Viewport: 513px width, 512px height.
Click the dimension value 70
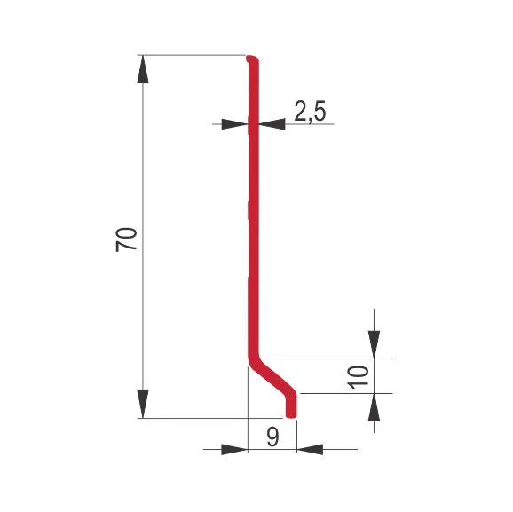(126, 240)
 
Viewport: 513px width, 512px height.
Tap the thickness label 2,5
(310, 111)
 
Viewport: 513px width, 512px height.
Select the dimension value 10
(359, 377)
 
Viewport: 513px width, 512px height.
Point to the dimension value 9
(272, 437)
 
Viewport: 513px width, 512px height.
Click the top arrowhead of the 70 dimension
(143, 69)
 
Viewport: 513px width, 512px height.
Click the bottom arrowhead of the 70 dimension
(143, 404)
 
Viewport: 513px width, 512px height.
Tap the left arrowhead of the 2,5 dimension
(235, 124)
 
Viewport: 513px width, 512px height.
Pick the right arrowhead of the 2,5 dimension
(272, 124)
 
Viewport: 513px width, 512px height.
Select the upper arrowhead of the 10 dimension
(374, 344)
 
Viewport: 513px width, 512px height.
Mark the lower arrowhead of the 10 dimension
(374, 407)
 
